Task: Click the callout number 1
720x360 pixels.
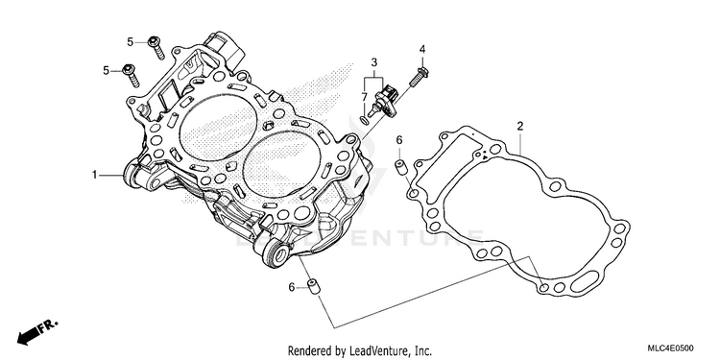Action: tap(95, 175)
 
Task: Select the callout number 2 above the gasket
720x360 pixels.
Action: tap(519, 126)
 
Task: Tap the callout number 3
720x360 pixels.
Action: tap(373, 62)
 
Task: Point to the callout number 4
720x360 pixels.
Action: tap(422, 49)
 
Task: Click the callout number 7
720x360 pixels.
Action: tap(364, 97)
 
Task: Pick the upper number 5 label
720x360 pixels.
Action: tap(130, 42)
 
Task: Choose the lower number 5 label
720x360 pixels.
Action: tap(106, 71)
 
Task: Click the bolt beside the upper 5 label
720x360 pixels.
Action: tap(156, 48)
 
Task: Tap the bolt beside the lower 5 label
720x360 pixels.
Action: tap(132, 76)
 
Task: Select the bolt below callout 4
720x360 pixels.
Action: tap(419, 77)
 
